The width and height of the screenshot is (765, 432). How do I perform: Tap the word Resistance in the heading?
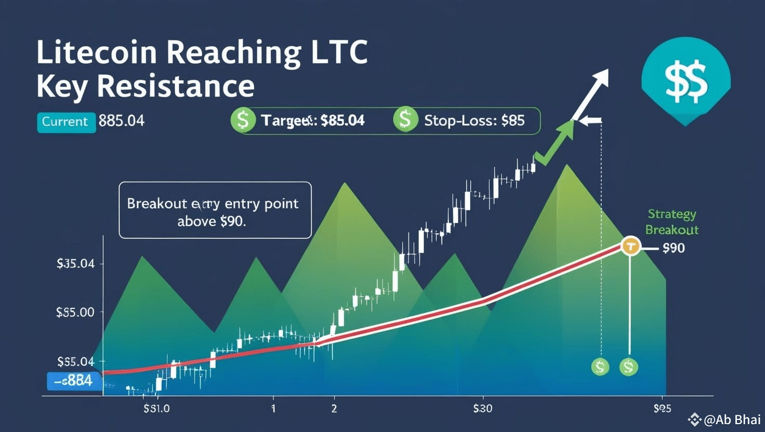pyautogui.click(x=176, y=86)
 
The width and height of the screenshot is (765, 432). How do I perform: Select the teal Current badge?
pyautogui.click(x=65, y=122)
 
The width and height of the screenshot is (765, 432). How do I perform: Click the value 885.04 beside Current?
pyautogui.click(x=121, y=121)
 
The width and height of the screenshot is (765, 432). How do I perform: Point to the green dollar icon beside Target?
pyautogui.click(x=243, y=120)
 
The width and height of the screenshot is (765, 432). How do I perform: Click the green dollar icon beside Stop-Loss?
pyautogui.click(x=405, y=119)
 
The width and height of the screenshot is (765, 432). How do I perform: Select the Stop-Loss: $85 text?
pyautogui.click(x=474, y=121)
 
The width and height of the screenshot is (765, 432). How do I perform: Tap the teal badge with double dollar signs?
pyautogui.click(x=685, y=80)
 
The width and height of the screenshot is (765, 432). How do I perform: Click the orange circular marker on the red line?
pyautogui.click(x=630, y=246)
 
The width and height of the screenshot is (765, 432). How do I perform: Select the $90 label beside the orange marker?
pyautogui.click(x=674, y=248)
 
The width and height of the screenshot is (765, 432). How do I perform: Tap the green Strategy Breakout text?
pyautogui.click(x=671, y=222)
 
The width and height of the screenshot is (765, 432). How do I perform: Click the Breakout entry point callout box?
pyautogui.click(x=215, y=210)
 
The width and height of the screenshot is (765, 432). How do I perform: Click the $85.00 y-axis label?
pyautogui.click(x=75, y=312)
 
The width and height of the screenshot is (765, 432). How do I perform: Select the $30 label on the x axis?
pyautogui.click(x=482, y=409)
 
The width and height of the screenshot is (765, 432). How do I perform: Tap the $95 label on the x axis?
pyautogui.click(x=662, y=409)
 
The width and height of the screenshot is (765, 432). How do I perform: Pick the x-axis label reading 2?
pyautogui.click(x=334, y=409)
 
